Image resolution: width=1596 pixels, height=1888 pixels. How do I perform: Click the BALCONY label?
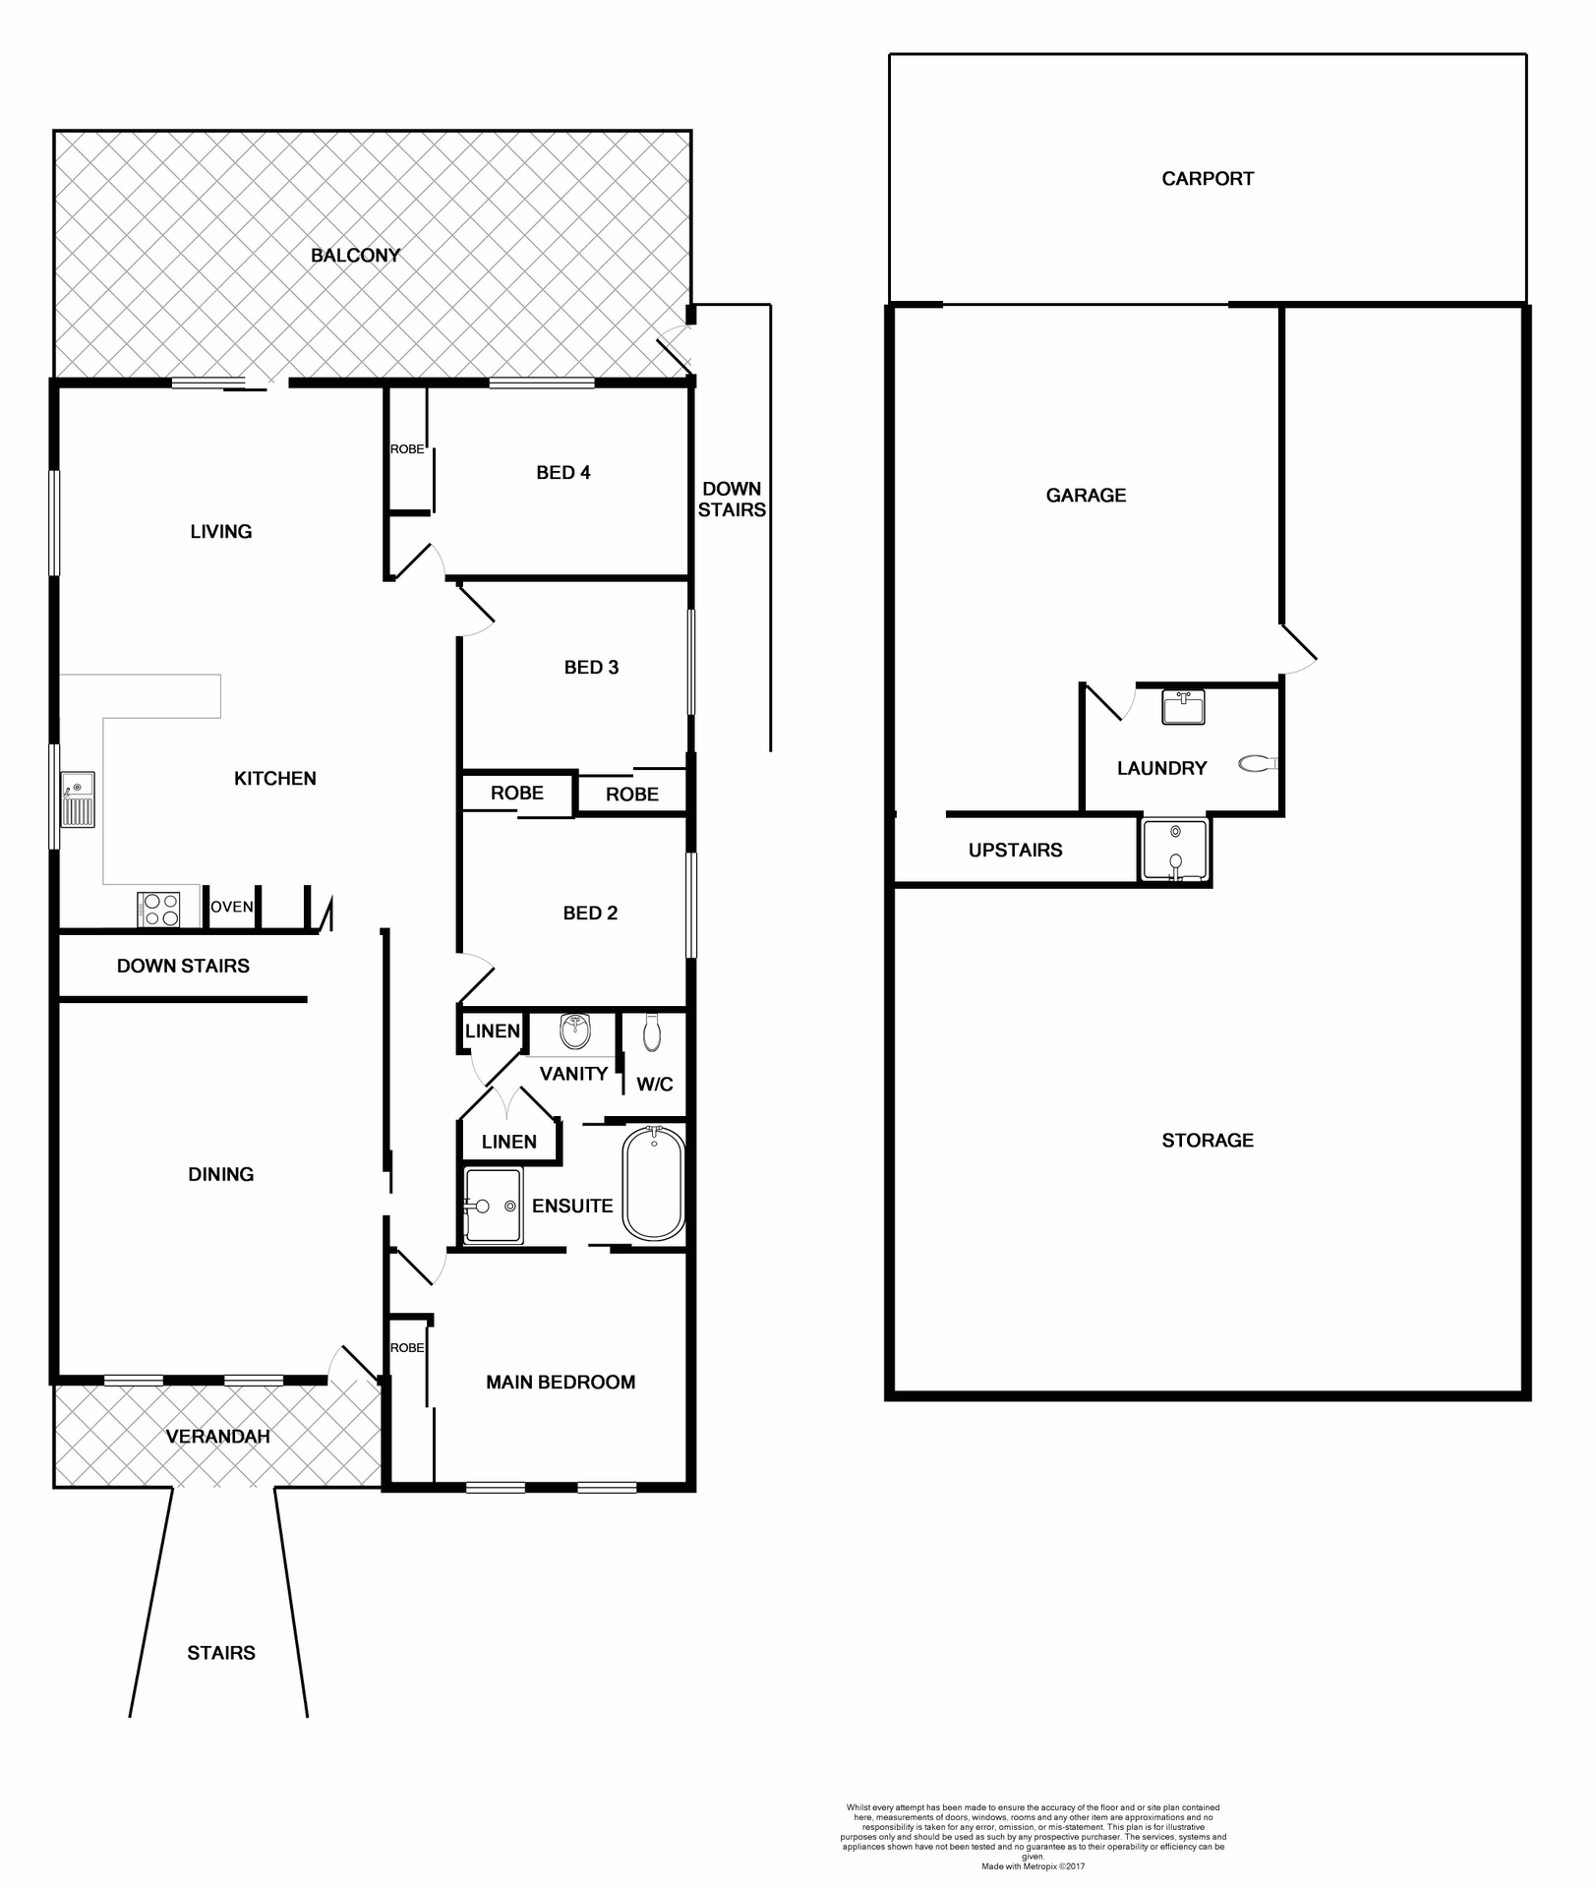355,256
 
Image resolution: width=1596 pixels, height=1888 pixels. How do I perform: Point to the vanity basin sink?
574,1032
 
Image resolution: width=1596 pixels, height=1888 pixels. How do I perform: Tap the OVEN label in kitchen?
232,907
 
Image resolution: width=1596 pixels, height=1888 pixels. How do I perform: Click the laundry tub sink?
1182,707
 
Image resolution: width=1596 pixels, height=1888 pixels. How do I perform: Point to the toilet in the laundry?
1256,763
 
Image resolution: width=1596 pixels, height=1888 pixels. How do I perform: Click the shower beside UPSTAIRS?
1174,850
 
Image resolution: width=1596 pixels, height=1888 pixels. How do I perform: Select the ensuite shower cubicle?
493,1206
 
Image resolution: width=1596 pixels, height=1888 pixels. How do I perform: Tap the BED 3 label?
591,668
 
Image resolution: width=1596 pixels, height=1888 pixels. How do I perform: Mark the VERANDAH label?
217,1437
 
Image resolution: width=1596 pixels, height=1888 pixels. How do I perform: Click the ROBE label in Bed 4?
407,449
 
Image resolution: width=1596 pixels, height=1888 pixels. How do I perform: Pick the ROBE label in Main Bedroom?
407,1348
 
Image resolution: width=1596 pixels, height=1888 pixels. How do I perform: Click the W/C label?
655,1085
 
